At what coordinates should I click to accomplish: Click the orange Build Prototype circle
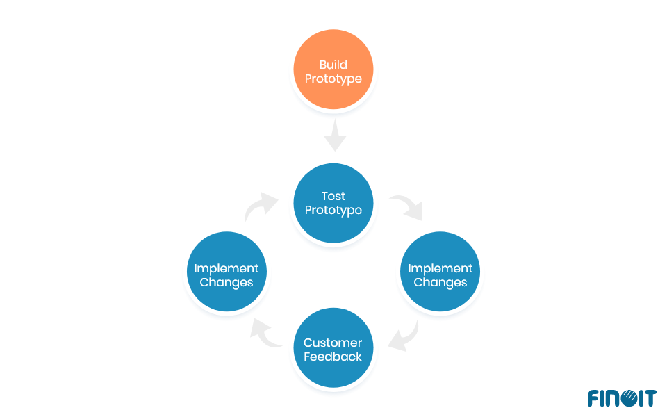tap(333, 69)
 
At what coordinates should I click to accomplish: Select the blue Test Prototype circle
tap(333, 203)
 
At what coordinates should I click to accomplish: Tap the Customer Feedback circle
tap(333, 349)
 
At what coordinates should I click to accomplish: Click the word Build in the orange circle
tap(333, 65)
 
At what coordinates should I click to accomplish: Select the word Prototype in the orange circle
tap(333, 79)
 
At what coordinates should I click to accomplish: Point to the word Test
tap(333, 196)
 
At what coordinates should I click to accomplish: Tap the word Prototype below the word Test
tap(333, 210)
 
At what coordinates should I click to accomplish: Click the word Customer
tap(333, 343)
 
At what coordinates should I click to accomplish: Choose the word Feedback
tap(333, 357)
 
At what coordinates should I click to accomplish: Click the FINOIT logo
tap(621, 398)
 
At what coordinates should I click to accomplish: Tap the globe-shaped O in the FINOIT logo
tap(627, 398)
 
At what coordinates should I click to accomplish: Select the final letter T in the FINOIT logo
tap(650, 398)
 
